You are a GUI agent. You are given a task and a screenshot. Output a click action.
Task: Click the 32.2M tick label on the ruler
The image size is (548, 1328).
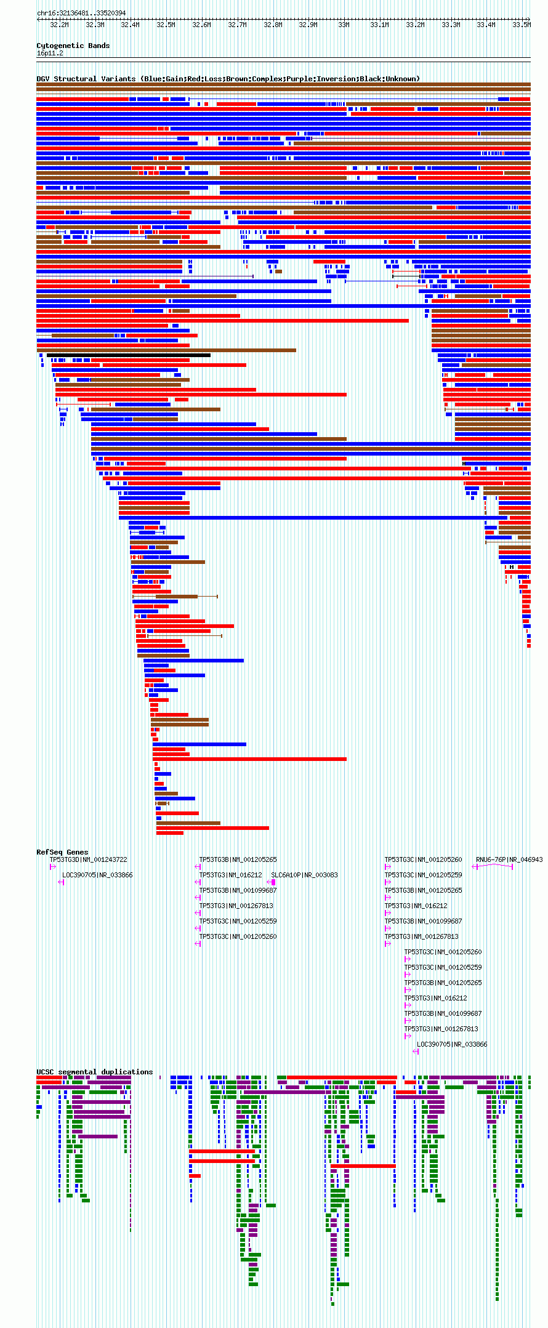(x=59, y=25)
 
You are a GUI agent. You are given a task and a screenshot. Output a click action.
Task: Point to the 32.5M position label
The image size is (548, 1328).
(x=166, y=25)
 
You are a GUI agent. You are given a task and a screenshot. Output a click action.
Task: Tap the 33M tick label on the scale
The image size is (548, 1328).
(x=344, y=25)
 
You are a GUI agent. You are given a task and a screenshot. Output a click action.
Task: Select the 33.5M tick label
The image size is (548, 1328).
(x=521, y=25)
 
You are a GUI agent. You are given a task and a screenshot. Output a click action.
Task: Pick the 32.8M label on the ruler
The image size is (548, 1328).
(x=273, y=25)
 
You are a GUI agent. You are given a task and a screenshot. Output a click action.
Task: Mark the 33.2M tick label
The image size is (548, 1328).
(x=415, y=25)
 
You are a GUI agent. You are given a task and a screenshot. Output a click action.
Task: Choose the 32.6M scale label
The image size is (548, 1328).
(x=201, y=25)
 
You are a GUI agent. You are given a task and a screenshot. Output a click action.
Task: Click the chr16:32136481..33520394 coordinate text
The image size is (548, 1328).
(x=81, y=13)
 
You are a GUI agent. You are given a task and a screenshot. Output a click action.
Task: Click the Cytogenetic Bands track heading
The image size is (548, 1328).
(x=73, y=46)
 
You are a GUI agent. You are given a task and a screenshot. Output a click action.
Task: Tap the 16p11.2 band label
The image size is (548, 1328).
(x=50, y=54)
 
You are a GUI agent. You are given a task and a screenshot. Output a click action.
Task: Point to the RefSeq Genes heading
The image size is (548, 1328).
(x=62, y=852)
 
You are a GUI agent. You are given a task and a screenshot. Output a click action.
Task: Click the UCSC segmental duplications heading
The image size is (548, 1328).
(x=94, y=1072)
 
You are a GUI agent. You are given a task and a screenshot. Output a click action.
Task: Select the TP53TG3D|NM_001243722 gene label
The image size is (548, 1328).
(x=88, y=859)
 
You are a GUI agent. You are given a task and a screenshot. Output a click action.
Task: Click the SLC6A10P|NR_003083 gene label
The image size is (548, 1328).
(x=304, y=875)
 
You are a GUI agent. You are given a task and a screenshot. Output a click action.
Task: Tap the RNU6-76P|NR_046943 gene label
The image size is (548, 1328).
(x=509, y=859)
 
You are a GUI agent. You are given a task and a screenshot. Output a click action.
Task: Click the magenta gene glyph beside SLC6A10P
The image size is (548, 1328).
(x=271, y=882)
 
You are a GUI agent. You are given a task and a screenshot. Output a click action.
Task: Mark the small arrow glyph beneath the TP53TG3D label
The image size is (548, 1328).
(x=53, y=867)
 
